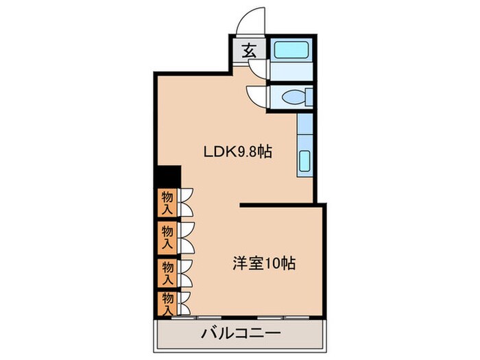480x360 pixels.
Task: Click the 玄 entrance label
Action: pos(248,50)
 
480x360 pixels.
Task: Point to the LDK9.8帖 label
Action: pos(237,152)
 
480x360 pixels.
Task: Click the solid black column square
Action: pos(167,176)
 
